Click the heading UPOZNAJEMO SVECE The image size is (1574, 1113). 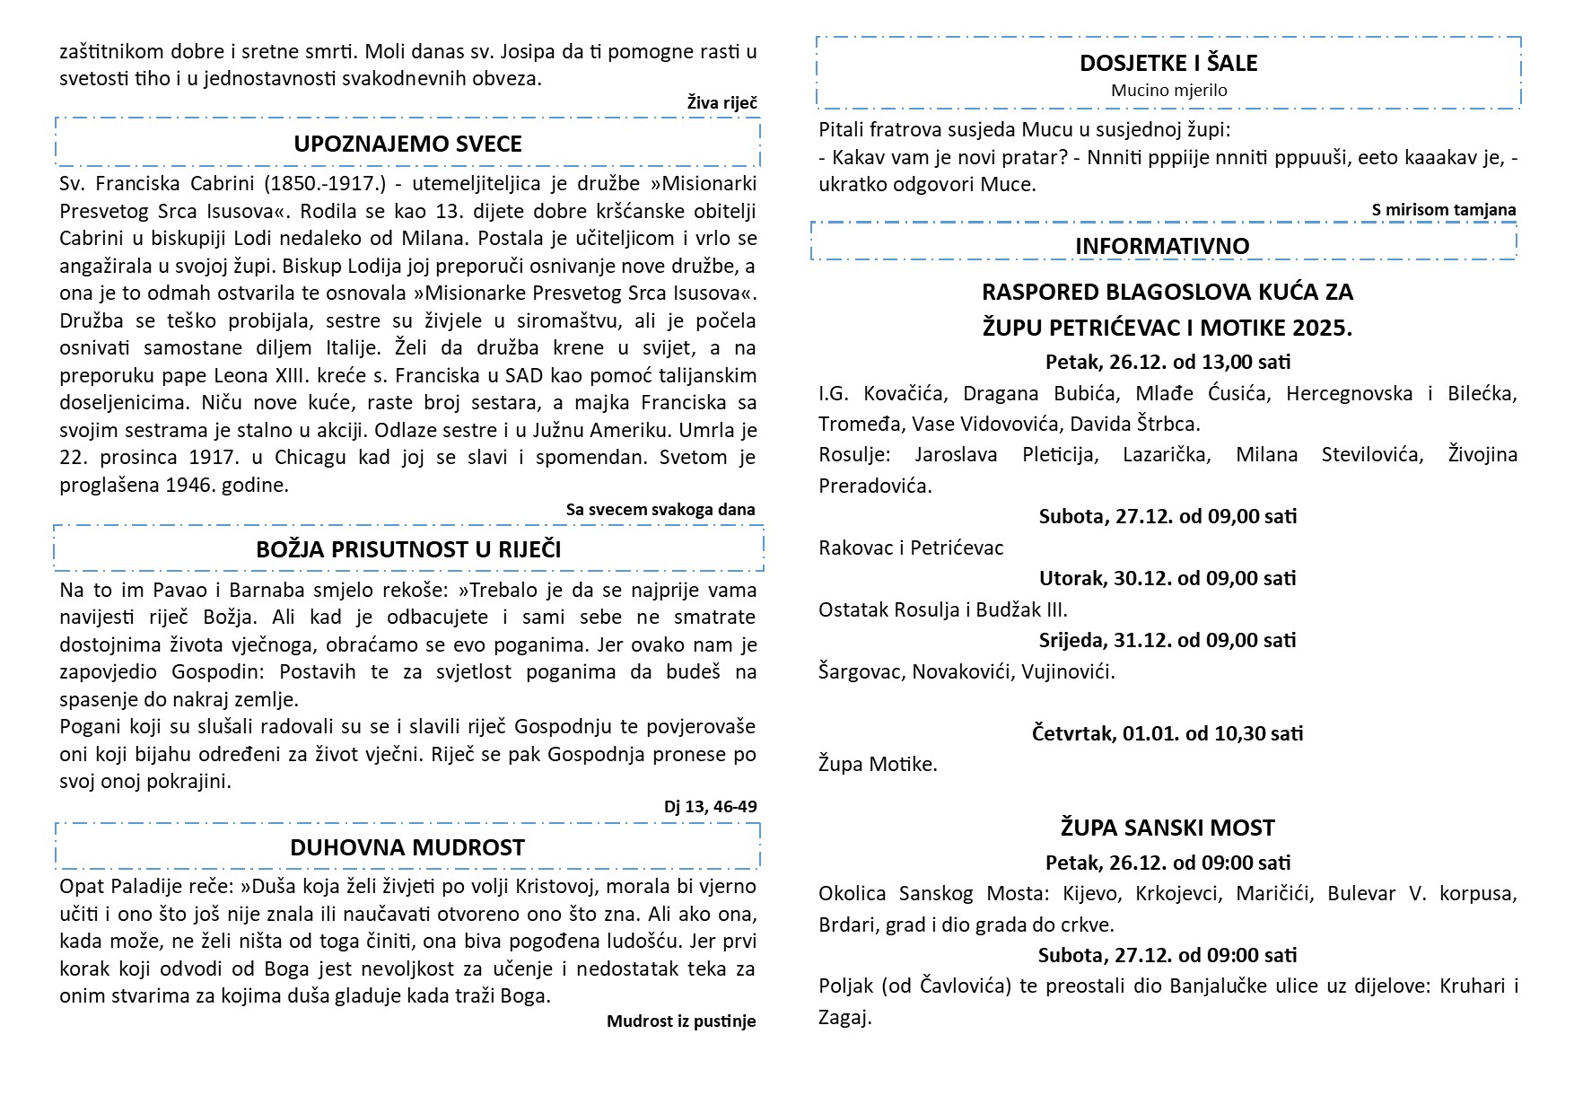click(407, 144)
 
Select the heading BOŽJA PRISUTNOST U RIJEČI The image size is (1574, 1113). click(408, 549)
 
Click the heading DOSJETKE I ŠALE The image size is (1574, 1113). click(1168, 63)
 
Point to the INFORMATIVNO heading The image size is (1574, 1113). click(1162, 246)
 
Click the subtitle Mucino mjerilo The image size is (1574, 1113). click(1168, 90)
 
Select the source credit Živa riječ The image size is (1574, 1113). click(721, 103)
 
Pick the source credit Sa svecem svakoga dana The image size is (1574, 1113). click(660, 510)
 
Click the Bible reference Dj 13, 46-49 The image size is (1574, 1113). click(710, 807)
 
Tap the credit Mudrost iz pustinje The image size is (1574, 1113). click(681, 1021)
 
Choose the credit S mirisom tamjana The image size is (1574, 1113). click(1443, 210)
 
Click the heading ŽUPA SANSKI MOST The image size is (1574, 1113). click(1167, 828)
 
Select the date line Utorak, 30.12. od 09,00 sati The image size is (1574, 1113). click(1167, 578)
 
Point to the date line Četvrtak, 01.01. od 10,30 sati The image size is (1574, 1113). click(1167, 733)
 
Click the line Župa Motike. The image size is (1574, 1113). click(878, 765)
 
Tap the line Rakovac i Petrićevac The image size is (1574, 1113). click(911, 548)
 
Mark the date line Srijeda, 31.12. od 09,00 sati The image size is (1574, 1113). click(1167, 640)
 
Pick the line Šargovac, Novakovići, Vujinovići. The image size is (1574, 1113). click(966, 671)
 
